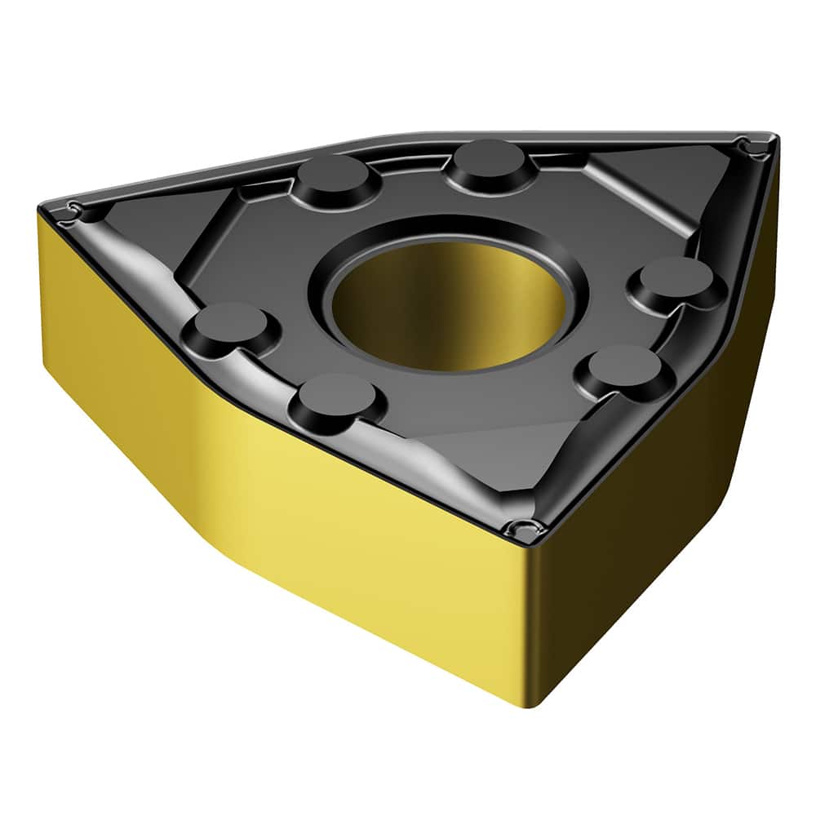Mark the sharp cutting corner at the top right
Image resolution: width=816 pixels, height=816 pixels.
[x=752, y=147]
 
